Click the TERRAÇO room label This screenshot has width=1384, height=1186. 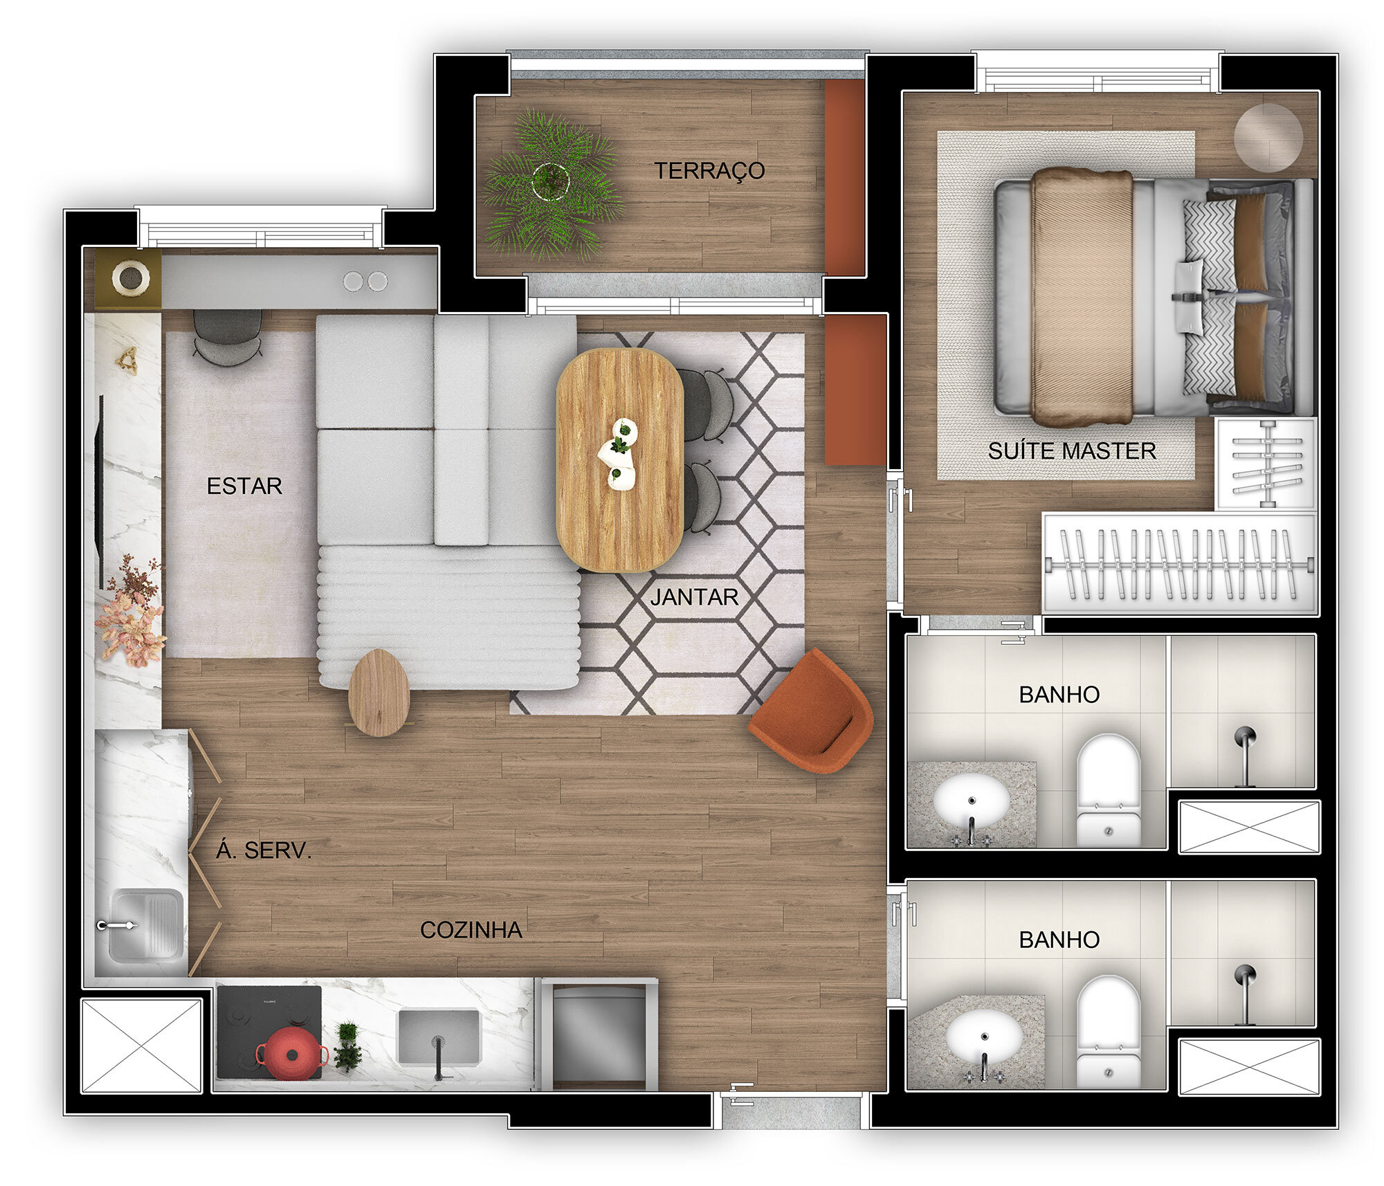click(709, 170)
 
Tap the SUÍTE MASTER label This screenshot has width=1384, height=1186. click(1071, 451)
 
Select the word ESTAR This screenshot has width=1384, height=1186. click(244, 486)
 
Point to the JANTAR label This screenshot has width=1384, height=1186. click(694, 596)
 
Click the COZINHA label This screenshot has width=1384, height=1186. click(471, 930)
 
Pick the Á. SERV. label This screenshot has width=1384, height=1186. click(264, 850)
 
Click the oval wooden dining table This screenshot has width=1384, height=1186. click(619, 460)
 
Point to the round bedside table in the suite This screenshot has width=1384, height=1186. click(1268, 136)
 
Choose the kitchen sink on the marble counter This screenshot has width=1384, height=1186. click(437, 1037)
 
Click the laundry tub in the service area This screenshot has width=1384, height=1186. click(147, 924)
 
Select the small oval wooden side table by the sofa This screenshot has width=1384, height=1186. click(379, 692)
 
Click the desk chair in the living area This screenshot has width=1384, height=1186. click(227, 336)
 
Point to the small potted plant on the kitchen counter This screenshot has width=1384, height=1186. click(347, 1046)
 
